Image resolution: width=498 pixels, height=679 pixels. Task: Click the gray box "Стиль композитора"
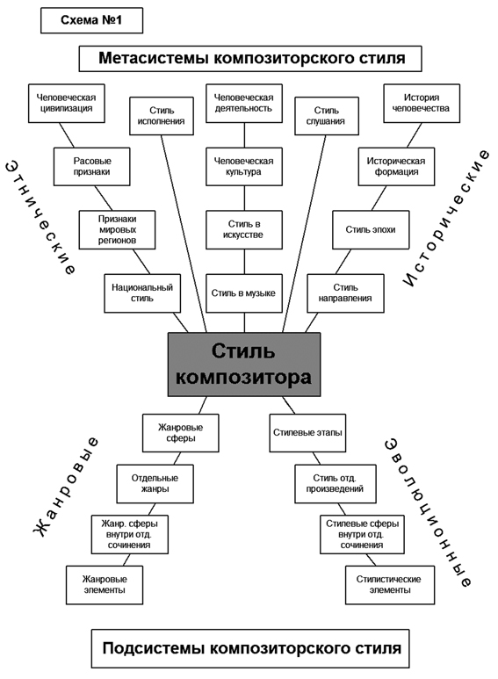(x=244, y=365)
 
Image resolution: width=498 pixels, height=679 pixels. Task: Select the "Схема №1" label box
(x=92, y=20)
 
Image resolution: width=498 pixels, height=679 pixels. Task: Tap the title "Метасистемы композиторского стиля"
(x=250, y=59)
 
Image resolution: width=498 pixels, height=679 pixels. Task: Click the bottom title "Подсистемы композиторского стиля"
(x=250, y=648)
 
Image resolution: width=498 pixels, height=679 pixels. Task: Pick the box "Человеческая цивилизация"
(x=67, y=103)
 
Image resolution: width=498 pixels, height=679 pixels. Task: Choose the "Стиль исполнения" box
(x=162, y=116)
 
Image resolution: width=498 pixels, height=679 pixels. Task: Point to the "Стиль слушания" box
(x=327, y=116)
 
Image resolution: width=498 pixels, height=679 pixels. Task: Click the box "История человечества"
(x=422, y=103)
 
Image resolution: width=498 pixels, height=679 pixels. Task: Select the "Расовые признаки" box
(x=92, y=167)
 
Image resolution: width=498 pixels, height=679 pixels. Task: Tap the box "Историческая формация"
(x=396, y=167)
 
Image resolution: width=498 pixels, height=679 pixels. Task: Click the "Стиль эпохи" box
(x=371, y=230)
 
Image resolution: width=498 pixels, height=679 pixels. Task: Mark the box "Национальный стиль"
(x=142, y=293)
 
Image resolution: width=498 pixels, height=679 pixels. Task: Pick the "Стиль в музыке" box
(x=244, y=293)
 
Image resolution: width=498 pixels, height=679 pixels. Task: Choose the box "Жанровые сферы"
(x=181, y=433)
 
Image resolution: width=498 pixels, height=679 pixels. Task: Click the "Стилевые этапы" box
(x=307, y=433)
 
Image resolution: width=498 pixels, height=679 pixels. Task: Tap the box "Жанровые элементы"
(x=105, y=585)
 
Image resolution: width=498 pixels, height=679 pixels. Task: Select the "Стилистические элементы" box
(x=390, y=585)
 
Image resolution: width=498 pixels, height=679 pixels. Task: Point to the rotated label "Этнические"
(x=41, y=217)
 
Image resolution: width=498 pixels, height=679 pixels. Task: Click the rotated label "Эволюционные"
(x=428, y=512)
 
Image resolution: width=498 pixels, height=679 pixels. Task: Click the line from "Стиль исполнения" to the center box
(x=184, y=234)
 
